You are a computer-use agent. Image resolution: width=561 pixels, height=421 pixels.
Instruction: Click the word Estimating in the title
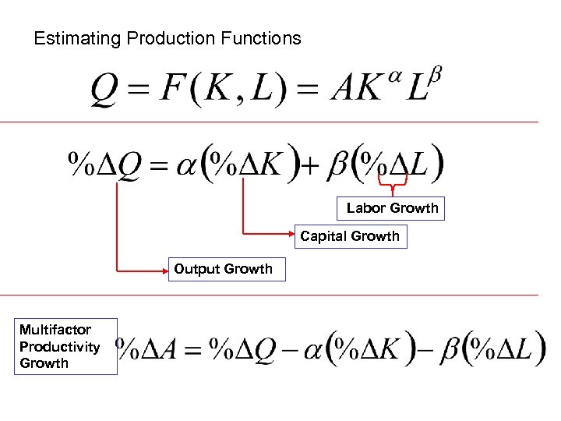(72, 38)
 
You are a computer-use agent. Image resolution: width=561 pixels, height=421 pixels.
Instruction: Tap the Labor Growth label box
(392, 208)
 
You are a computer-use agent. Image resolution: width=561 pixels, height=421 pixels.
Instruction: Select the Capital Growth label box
(350, 236)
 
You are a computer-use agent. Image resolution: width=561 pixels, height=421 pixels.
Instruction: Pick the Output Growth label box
(226, 270)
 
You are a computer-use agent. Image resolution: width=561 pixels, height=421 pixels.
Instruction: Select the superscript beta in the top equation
(436, 74)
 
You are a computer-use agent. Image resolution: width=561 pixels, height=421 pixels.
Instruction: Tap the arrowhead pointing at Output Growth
(165, 271)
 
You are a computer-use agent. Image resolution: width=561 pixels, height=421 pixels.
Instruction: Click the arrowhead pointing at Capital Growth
(291, 232)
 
